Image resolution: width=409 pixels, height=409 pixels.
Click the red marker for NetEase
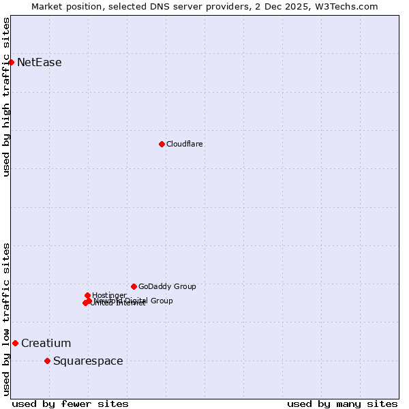(x=12, y=62)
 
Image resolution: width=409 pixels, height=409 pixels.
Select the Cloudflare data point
(x=162, y=144)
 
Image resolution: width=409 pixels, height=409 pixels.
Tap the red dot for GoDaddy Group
(x=134, y=286)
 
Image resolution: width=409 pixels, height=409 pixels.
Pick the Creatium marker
(x=15, y=343)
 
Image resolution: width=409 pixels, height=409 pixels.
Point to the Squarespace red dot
(x=47, y=361)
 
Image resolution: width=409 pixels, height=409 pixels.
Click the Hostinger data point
(x=87, y=295)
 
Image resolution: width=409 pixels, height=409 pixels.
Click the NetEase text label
(x=40, y=63)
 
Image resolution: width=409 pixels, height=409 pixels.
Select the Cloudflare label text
(x=185, y=145)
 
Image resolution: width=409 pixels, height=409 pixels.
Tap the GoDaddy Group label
(x=167, y=287)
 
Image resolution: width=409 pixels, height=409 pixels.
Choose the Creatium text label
(x=46, y=344)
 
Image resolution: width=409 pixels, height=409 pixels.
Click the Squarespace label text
(x=88, y=361)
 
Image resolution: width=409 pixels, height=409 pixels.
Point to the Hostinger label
(x=110, y=295)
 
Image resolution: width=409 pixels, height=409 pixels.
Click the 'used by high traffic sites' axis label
(x=6, y=97)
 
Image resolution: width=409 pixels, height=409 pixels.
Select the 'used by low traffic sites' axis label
(x=6, y=319)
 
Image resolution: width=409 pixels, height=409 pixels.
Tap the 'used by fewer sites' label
(x=70, y=404)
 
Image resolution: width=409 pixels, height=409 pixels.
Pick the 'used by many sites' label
(x=342, y=404)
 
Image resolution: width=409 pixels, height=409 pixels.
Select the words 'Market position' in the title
(x=68, y=6)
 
